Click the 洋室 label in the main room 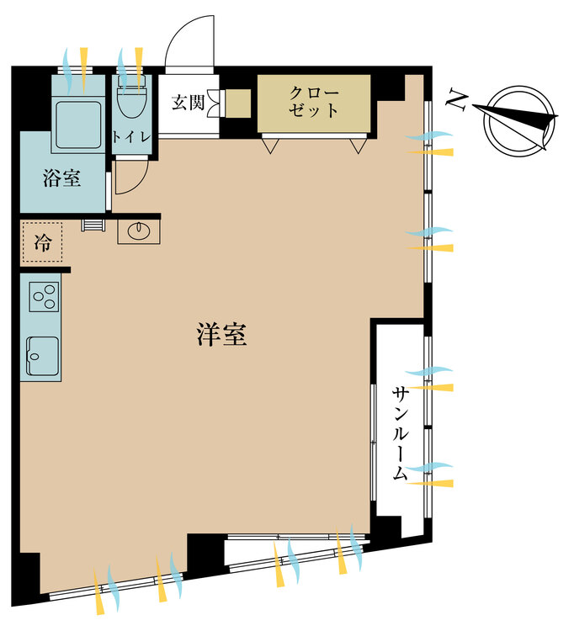[221, 336]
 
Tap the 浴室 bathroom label [61, 178]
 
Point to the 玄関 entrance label [187, 103]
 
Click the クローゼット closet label [313, 101]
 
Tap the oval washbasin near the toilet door [137, 230]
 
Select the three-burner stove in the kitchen [43, 296]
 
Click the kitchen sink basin [42, 354]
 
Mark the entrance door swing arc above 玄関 [189, 47]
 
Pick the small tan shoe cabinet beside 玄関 [237, 103]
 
